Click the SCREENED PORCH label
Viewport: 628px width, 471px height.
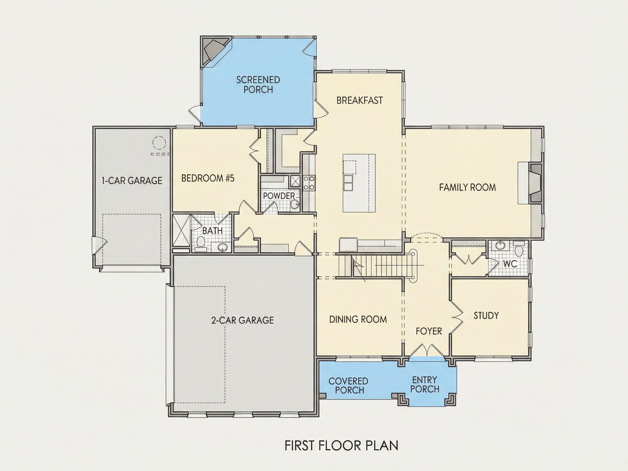pyautogui.click(x=258, y=84)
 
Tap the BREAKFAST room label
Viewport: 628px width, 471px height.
pyautogui.click(x=360, y=100)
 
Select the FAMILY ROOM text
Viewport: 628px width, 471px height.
pyautogui.click(x=467, y=187)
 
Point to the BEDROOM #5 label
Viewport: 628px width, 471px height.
pyautogui.click(x=208, y=178)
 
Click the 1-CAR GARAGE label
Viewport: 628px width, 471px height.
pyautogui.click(x=132, y=180)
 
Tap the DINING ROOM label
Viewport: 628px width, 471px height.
pyautogui.click(x=358, y=319)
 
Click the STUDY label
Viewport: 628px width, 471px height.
pyautogui.click(x=486, y=315)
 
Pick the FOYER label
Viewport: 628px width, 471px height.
pyautogui.click(x=429, y=331)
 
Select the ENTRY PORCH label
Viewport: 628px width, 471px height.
pyautogui.click(x=425, y=384)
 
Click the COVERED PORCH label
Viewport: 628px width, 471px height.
pyautogui.click(x=348, y=385)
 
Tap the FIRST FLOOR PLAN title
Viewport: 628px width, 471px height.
pyautogui.click(x=341, y=445)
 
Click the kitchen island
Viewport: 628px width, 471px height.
pyautogui.click(x=359, y=183)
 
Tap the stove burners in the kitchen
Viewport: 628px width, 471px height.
pyautogui.click(x=309, y=183)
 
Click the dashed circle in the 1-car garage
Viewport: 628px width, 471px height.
pyautogui.click(x=159, y=143)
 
